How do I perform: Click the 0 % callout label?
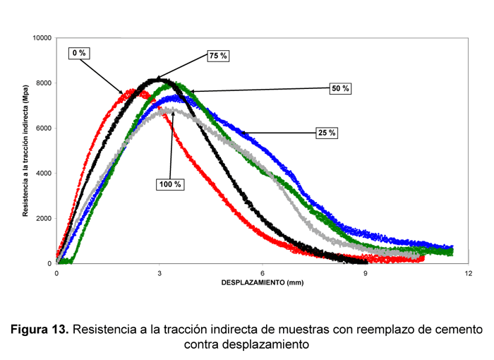(x=79, y=53)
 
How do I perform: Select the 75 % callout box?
(x=218, y=56)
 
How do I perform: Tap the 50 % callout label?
(x=341, y=88)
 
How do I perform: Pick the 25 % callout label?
(x=327, y=133)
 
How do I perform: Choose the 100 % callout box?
(x=170, y=184)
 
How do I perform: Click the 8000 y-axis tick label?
(x=44, y=83)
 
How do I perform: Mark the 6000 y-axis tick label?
(x=44, y=128)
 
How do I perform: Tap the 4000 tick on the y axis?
(x=44, y=173)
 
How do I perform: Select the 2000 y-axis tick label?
(x=44, y=218)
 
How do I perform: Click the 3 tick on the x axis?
(x=160, y=273)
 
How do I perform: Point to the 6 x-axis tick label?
(x=263, y=273)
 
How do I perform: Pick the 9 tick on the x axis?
(x=366, y=273)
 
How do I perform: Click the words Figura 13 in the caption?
(x=40, y=330)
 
